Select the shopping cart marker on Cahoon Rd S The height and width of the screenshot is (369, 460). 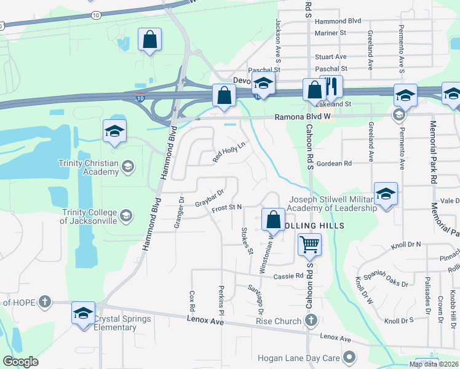(309, 244)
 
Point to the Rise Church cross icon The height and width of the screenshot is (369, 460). (311, 320)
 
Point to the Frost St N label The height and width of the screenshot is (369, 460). (226, 208)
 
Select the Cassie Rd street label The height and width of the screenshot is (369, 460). (289, 276)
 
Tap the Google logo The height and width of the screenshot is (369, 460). (21, 362)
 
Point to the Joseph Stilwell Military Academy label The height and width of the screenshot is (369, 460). (333, 204)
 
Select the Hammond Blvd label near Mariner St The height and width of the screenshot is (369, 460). (337, 21)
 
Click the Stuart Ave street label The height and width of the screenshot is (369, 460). (331, 57)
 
